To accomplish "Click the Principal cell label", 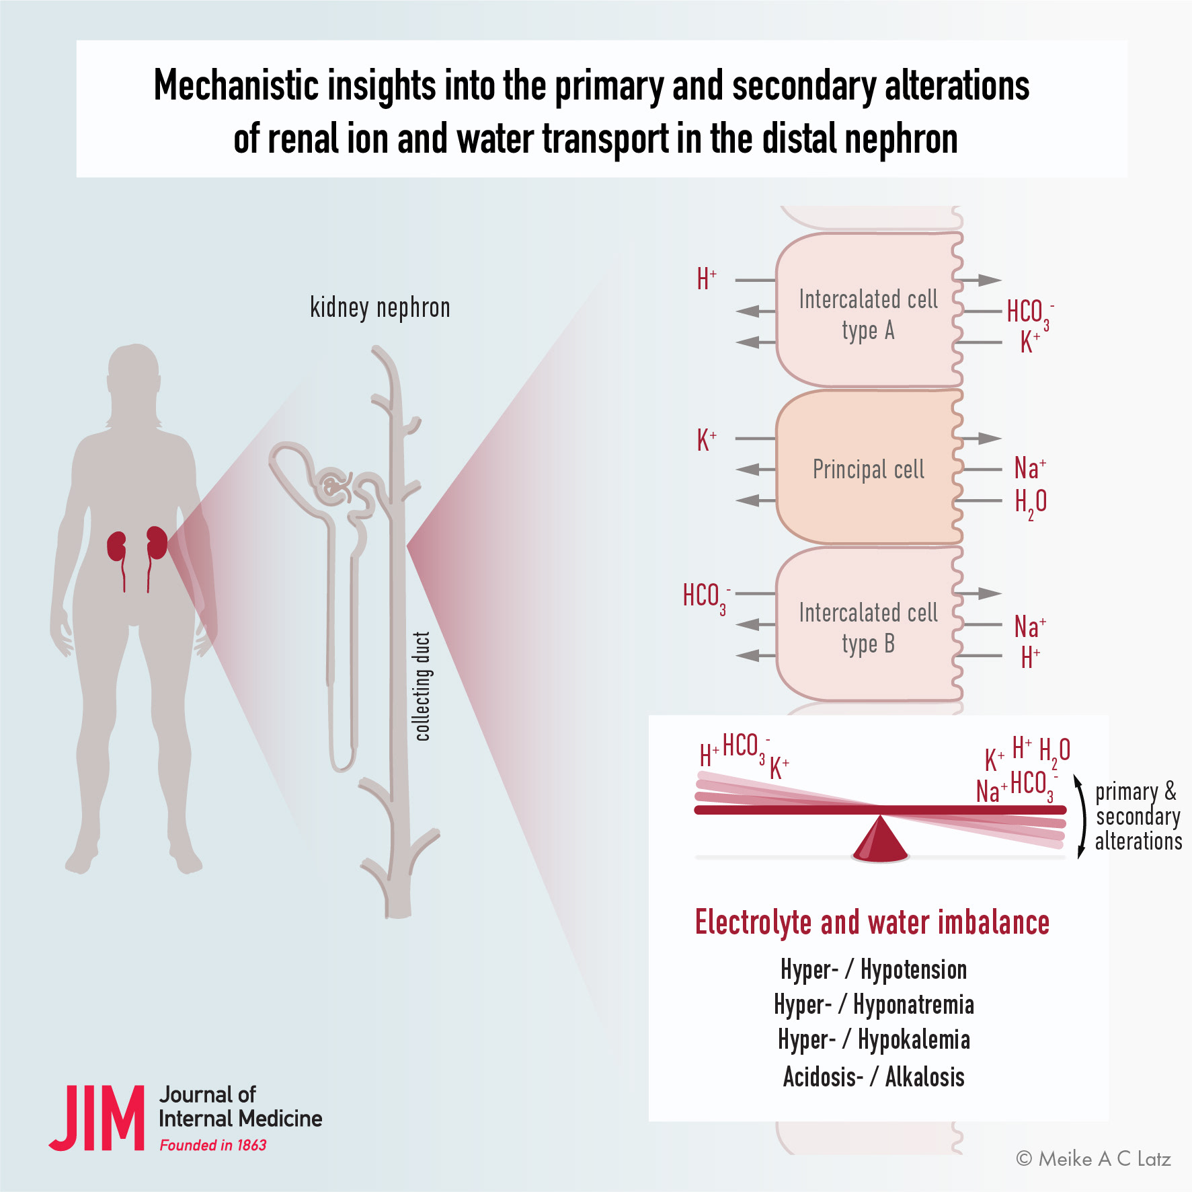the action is point(868,470).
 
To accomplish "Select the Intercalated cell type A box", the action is point(869,310).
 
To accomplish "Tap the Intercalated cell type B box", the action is point(869,624).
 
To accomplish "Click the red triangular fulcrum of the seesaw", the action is point(880,838).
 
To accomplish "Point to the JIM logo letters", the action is point(97,1117).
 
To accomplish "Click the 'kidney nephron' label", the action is point(380,307).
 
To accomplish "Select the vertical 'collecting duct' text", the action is point(422,686).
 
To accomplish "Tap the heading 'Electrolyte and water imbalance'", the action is point(872,922).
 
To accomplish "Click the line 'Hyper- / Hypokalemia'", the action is point(874,1039).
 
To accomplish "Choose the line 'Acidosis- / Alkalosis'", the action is point(874,1076).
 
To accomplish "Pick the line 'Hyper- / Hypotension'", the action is point(874,969).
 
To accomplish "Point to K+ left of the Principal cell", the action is point(707,440).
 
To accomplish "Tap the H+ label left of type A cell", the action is point(707,278).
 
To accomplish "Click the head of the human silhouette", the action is point(134,371).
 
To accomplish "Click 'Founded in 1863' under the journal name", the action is point(212,1145).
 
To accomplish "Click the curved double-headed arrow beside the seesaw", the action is point(1080,817).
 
